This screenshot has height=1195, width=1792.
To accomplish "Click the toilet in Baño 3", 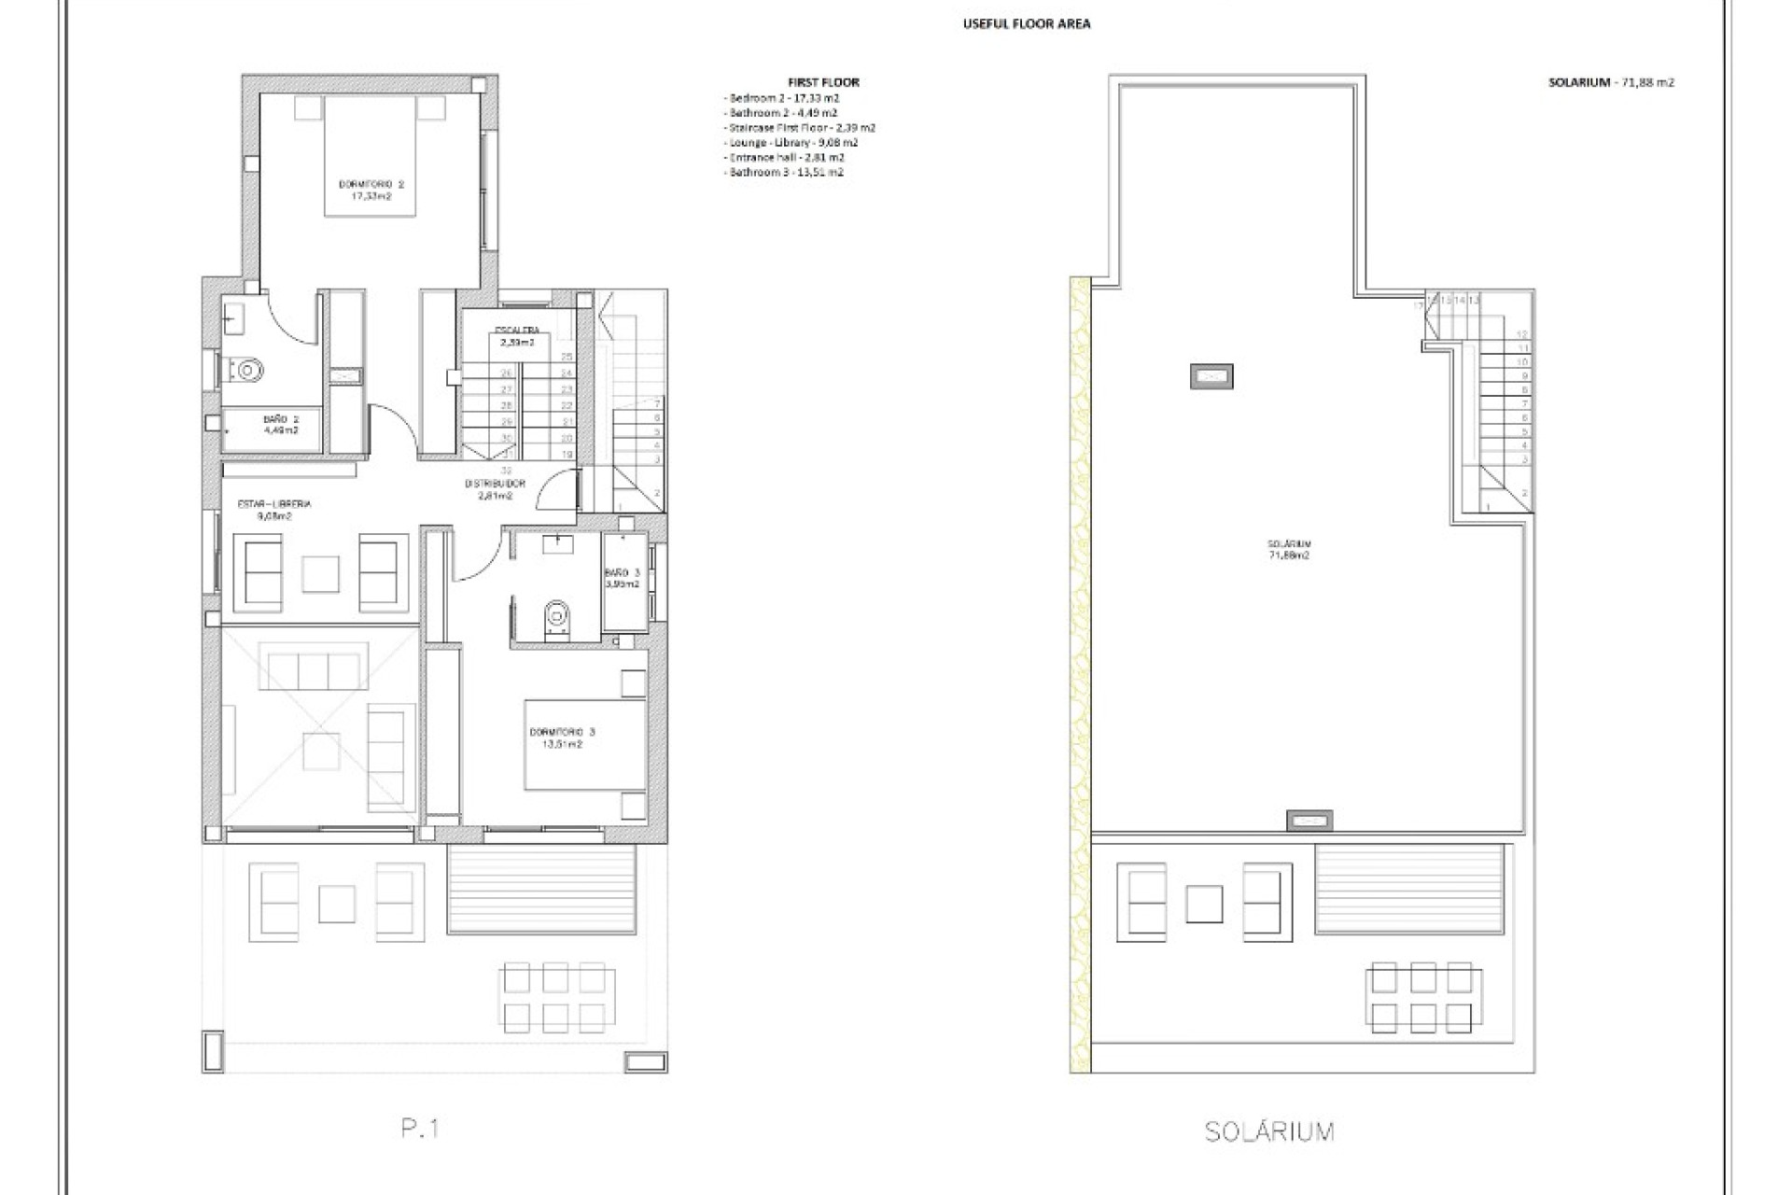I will click(x=557, y=617).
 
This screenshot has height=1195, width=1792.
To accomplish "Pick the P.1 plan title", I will click(x=420, y=1128).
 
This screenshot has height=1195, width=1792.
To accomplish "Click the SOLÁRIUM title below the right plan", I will click(x=1269, y=1132).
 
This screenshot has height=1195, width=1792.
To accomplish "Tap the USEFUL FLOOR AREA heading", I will click(x=1026, y=24).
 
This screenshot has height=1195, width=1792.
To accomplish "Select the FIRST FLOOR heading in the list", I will click(x=823, y=82).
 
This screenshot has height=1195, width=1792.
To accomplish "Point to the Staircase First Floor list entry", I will click(x=802, y=128).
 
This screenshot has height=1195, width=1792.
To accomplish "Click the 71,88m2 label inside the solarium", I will click(x=1289, y=555).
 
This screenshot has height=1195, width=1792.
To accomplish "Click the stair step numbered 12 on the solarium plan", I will click(x=1522, y=334).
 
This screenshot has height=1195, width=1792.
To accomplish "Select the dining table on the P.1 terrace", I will click(x=556, y=998).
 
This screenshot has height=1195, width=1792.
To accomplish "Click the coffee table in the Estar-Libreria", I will click(x=320, y=573).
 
